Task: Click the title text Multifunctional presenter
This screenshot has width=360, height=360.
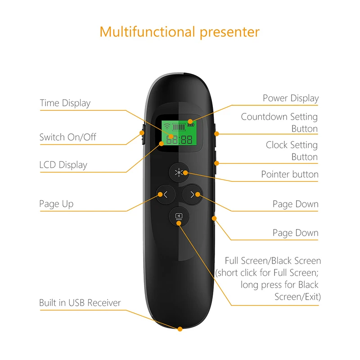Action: click(x=180, y=32)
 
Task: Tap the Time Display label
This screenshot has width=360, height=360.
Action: click(x=65, y=103)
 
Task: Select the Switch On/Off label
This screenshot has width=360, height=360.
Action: click(x=67, y=137)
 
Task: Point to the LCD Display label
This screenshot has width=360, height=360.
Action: click(x=63, y=165)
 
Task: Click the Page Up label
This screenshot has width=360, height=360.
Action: click(x=56, y=204)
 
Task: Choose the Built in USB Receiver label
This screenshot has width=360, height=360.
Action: click(x=80, y=303)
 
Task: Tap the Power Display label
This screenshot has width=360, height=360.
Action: click(x=291, y=98)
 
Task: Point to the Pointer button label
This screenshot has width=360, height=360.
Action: click(x=290, y=174)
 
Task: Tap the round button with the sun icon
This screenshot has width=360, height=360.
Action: click(x=179, y=172)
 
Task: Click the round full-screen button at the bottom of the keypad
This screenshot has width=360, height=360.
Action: click(x=179, y=216)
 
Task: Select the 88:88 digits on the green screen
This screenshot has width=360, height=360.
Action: click(x=180, y=139)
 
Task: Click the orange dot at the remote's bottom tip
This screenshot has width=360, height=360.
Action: click(x=180, y=329)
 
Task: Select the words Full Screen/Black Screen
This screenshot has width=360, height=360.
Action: click(x=273, y=261)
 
